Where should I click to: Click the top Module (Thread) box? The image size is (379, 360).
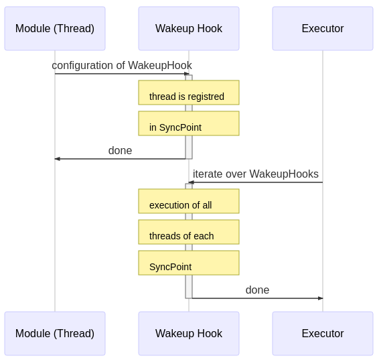[x=55, y=29]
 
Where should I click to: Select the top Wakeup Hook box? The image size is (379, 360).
[x=189, y=29]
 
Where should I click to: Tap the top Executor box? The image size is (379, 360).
[x=323, y=29]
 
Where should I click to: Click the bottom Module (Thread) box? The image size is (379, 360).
[x=55, y=333]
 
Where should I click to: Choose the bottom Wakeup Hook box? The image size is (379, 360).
[x=189, y=333]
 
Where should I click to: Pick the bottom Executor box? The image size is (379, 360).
[x=323, y=333]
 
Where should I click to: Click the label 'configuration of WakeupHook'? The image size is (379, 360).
[x=122, y=65]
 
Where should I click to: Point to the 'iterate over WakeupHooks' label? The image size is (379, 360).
[x=255, y=174]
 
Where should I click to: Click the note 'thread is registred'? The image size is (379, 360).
[x=189, y=93]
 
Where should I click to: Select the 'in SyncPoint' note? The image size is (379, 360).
[x=189, y=124]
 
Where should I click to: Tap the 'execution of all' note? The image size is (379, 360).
[x=189, y=202]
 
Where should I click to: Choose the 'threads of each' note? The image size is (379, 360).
[x=189, y=233]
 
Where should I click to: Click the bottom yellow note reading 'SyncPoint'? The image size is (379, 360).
[x=189, y=263]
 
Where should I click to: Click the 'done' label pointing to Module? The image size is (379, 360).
[x=120, y=150]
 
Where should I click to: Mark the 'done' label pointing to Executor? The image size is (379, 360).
[x=257, y=290]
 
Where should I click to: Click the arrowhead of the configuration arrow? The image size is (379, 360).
[x=187, y=74]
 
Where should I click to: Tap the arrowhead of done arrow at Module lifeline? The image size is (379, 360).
[x=58, y=159]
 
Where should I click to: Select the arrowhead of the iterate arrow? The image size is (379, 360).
[x=191, y=182]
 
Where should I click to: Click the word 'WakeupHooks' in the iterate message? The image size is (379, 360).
[x=283, y=174]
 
